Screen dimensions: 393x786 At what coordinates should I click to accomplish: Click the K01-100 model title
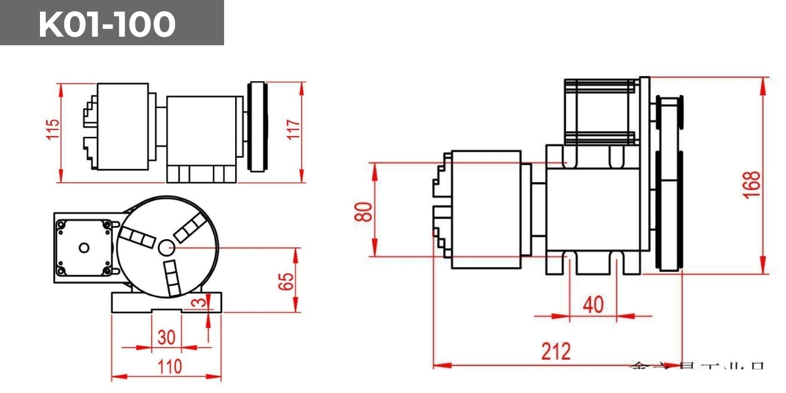click(107, 24)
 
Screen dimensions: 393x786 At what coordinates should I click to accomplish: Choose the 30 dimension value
click(167, 337)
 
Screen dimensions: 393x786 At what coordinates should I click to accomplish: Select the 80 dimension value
click(364, 210)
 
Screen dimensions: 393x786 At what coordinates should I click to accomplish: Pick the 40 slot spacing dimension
click(593, 305)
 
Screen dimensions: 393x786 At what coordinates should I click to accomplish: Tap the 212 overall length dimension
click(555, 352)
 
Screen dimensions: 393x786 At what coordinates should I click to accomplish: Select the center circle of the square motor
click(83, 248)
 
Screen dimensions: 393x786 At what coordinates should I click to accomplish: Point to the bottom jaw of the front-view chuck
click(171, 278)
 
